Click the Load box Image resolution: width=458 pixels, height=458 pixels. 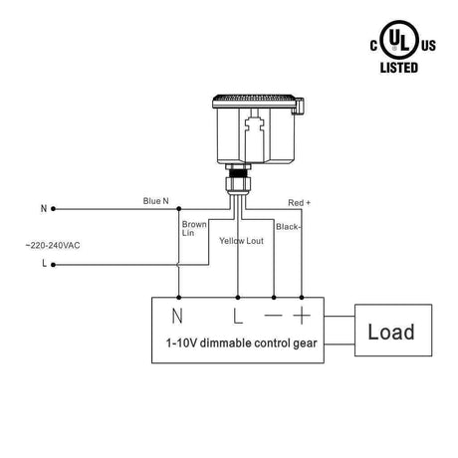tap(393, 331)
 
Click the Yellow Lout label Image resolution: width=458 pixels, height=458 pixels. tap(243, 240)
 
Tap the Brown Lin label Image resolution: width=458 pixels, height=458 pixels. tap(194, 230)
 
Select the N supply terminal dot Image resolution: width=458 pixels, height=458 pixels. tap(53, 209)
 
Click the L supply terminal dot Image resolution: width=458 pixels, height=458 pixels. tap(53, 264)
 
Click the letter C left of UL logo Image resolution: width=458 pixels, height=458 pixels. tap(375, 45)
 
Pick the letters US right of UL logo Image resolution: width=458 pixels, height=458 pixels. tap(428, 45)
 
